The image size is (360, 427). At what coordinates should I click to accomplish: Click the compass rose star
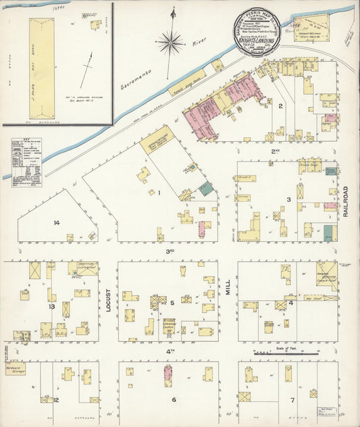tap(170, 43)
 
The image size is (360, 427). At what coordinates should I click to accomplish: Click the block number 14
tap(57, 222)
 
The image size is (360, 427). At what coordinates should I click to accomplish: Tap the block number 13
tap(51, 306)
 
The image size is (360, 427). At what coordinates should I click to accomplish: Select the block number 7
tap(292, 400)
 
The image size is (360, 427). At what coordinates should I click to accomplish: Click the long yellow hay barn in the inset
tap(41, 59)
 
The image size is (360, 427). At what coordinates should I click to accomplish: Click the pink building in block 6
tap(167, 375)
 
